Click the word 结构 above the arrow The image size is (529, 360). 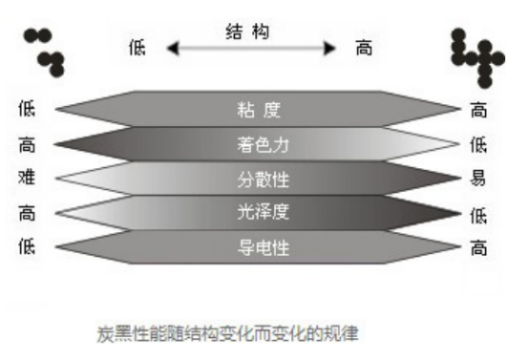[x=246, y=31]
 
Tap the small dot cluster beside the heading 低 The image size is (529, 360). [x=44, y=51]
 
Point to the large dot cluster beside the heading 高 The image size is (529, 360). [x=476, y=54]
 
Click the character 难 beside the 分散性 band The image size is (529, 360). [x=26, y=179]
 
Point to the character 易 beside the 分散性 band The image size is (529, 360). [x=478, y=180]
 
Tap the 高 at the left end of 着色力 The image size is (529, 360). [x=26, y=144]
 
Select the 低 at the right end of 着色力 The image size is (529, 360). [x=478, y=145]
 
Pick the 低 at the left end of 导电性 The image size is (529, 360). [x=26, y=246]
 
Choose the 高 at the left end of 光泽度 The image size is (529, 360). [x=26, y=213]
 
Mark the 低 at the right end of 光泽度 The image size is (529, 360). [x=478, y=215]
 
